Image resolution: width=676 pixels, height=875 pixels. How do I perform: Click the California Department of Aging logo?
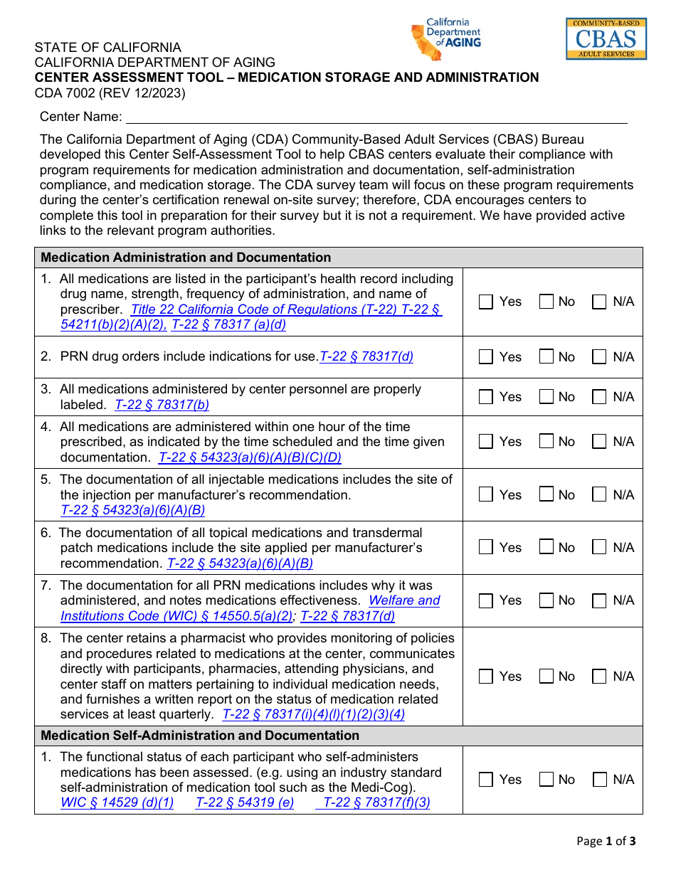point(446,39)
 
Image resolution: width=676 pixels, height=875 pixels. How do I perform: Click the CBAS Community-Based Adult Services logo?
point(606,38)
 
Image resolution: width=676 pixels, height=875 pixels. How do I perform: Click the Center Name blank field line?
point(376,118)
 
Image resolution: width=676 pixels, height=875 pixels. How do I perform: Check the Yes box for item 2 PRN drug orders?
point(486,357)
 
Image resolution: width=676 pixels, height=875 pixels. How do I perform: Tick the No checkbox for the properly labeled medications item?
point(546,397)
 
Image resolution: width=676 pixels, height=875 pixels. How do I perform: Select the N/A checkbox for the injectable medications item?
point(600,495)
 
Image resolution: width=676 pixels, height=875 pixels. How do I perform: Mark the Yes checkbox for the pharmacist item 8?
point(486,677)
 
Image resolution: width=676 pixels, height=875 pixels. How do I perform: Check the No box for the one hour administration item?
point(546,442)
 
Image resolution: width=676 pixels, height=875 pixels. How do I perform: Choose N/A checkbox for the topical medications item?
point(600,548)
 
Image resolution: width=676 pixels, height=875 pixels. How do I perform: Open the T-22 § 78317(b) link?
point(162,405)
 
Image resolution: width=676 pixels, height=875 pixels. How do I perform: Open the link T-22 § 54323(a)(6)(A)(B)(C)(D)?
point(250,457)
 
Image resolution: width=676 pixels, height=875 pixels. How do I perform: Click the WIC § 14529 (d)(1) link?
point(117,802)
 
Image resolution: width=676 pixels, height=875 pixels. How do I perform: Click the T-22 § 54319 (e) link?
point(245,802)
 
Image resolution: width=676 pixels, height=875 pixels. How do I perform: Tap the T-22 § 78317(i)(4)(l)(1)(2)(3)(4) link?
point(314,714)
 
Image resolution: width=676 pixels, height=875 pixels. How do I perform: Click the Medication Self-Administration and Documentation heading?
point(200,736)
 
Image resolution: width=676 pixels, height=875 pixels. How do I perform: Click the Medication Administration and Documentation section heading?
point(186,258)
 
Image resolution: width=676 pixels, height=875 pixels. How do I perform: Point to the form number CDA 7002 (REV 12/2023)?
point(110,93)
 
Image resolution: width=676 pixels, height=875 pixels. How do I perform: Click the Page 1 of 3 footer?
point(606,841)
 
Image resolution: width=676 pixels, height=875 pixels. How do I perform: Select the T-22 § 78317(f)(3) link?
point(376,802)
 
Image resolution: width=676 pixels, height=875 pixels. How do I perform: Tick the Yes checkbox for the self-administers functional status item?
point(486,780)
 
